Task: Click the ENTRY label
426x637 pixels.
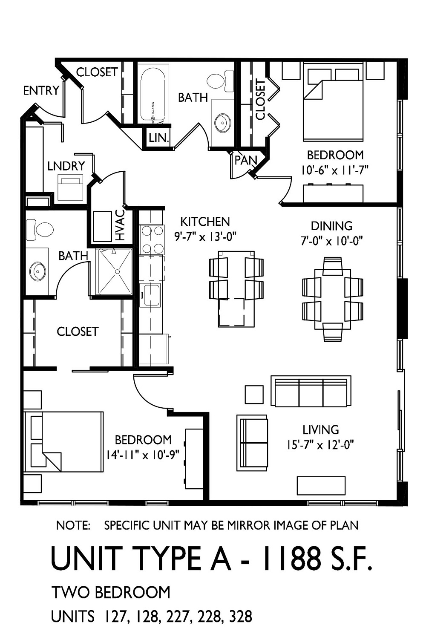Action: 41,91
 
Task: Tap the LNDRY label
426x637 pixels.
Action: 66,166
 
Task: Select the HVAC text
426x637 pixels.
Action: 120,225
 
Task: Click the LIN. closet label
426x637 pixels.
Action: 159,138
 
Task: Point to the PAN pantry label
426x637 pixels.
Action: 245,161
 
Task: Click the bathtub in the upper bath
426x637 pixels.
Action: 153,93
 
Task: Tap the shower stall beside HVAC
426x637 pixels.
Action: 115,272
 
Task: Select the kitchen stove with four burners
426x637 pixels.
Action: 152,239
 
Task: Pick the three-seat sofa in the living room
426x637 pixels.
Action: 311,392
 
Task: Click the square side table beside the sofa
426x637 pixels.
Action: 254,394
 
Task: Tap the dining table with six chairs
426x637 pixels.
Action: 332,299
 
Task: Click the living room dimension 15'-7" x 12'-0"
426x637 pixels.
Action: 320,445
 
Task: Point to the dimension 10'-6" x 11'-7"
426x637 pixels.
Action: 335,170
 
